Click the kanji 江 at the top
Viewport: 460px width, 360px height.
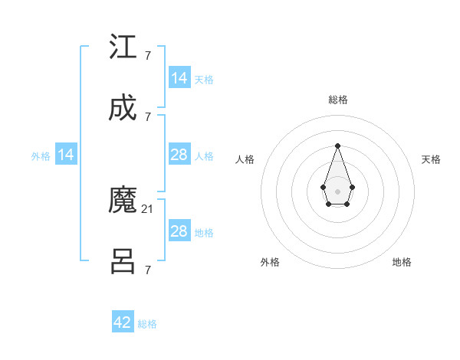(x=123, y=47)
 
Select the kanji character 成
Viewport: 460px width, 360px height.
(x=123, y=109)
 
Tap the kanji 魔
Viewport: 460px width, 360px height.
(x=123, y=201)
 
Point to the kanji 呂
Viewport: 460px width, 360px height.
(x=123, y=262)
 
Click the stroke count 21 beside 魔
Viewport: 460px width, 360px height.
(x=148, y=208)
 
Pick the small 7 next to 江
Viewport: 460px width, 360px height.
(x=147, y=55)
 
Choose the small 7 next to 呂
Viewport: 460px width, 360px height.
(x=147, y=270)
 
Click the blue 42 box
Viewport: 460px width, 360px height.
(x=123, y=322)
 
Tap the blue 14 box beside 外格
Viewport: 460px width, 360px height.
(x=66, y=155)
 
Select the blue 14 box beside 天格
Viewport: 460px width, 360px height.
(x=179, y=78)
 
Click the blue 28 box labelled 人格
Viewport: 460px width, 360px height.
(x=179, y=155)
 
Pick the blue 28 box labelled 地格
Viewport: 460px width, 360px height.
(x=179, y=231)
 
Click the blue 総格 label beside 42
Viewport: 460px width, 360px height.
(x=147, y=324)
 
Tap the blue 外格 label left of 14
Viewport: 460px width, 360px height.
(x=41, y=156)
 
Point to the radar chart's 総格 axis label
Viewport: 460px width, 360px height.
(x=337, y=100)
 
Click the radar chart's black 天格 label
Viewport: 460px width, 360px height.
(x=431, y=159)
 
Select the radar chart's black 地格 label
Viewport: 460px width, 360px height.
(x=402, y=262)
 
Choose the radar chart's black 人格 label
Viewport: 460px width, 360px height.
(x=245, y=159)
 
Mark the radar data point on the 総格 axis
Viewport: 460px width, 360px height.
(x=337, y=146)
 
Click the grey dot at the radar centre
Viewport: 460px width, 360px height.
(x=337, y=190)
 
